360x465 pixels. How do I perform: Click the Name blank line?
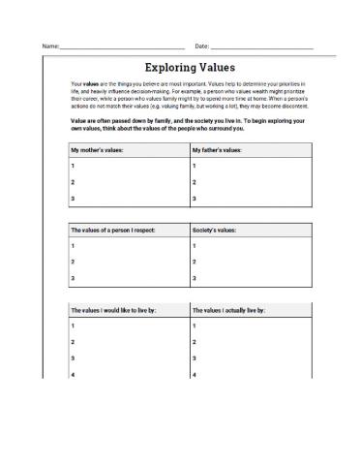click(x=122, y=47)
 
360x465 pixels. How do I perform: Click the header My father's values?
click(x=217, y=150)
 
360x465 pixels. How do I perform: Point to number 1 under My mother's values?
click(x=73, y=167)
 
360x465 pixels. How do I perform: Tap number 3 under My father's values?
click(x=195, y=199)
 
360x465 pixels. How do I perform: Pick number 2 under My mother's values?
click(x=73, y=182)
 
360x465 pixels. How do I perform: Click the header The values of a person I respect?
click(x=113, y=232)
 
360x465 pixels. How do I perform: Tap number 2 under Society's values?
click(x=195, y=263)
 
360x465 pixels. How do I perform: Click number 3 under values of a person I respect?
click(x=73, y=279)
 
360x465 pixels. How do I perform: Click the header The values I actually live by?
click(x=230, y=311)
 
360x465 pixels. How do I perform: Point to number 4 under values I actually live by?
click(x=195, y=374)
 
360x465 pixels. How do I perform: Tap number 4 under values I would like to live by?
click(x=73, y=374)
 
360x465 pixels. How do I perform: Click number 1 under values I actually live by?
click(x=195, y=326)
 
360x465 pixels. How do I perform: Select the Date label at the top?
click(x=202, y=46)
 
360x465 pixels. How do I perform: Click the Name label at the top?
click(x=49, y=46)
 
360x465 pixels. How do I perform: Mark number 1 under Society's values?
click(x=195, y=247)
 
